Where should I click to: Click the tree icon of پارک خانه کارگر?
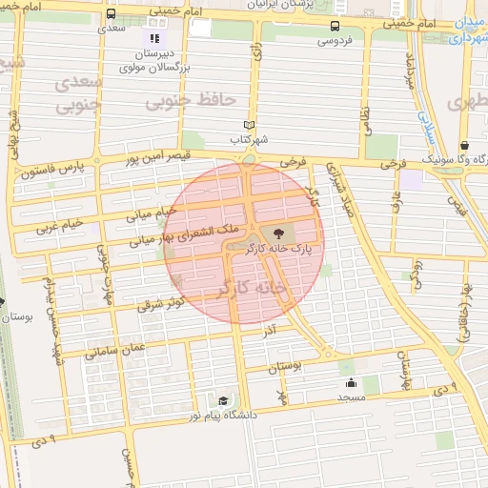[277, 232]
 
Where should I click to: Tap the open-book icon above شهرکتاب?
[249, 125]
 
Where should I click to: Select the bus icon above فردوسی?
[334, 27]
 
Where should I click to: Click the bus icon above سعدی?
[112, 15]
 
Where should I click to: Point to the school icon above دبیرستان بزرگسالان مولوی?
[152, 38]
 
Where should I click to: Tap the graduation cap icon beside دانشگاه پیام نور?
[222, 401]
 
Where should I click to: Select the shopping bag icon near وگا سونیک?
[461, 144]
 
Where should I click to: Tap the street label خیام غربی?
[60, 225]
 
